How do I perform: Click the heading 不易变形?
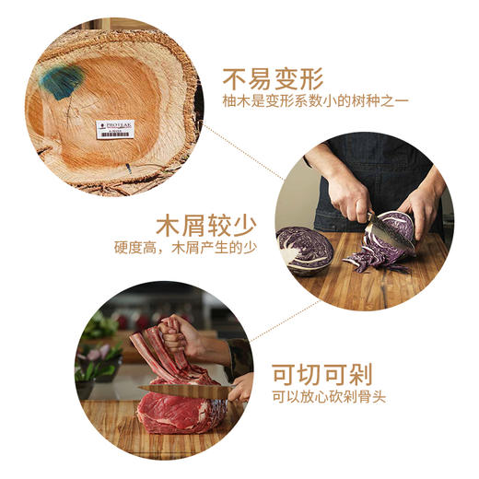click(x=272, y=76)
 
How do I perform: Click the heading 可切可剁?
click(x=321, y=373)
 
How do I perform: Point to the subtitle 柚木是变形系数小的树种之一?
click(x=314, y=101)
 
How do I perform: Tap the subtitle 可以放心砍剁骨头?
click(x=330, y=397)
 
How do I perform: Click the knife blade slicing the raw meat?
click(x=184, y=391)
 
